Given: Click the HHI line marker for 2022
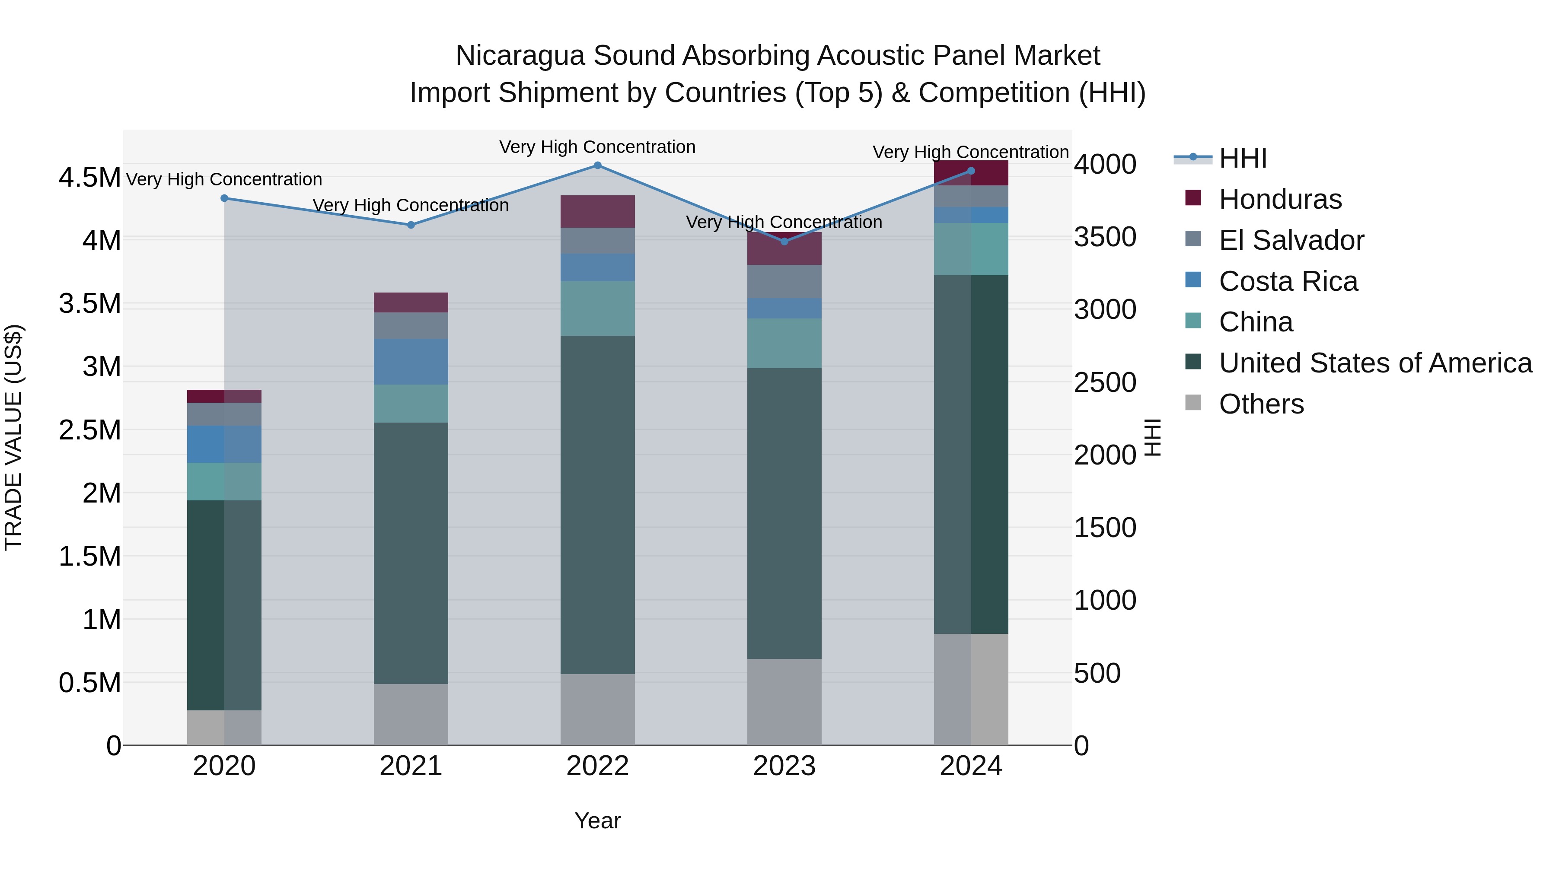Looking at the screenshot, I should tap(597, 165).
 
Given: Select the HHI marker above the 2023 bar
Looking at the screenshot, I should tap(784, 242).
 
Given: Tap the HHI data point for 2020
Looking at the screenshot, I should tap(224, 198).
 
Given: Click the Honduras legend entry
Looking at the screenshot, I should tap(1279, 199).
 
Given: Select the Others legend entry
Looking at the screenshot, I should tap(1261, 404).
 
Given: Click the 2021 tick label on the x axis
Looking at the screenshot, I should tap(411, 766).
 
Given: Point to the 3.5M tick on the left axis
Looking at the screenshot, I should tap(89, 304).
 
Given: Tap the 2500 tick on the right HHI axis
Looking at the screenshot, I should tap(1105, 382).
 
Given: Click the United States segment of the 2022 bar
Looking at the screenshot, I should tap(597, 504).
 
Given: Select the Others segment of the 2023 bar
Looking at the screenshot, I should tap(784, 702).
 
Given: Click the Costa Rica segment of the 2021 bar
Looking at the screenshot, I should tap(411, 362).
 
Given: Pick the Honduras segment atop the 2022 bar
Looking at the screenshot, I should tap(597, 211).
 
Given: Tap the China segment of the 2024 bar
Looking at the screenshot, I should tap(971, 249).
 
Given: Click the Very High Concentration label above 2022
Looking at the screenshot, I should tap(597, 147).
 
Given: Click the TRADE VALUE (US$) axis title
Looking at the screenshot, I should tap(13, 437).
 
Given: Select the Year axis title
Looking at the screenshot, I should tap(597, 821).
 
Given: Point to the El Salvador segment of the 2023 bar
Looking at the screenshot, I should tap(784, 281).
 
